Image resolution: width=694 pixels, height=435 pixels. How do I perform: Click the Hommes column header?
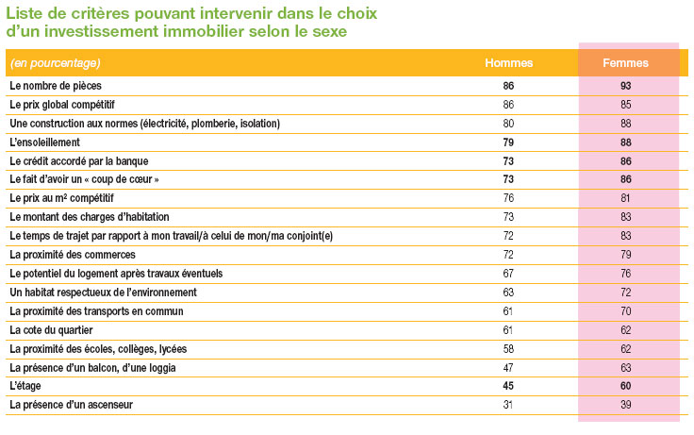(508, 63)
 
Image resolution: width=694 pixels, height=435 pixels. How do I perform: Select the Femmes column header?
(625, 63)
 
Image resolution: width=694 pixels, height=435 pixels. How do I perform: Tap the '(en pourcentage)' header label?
(56, 63)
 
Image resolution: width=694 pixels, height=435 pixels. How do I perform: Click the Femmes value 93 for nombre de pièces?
(625, 86)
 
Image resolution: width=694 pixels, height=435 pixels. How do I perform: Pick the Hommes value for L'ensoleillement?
(508, 142)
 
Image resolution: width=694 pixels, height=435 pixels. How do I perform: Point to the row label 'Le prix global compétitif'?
(62, 105)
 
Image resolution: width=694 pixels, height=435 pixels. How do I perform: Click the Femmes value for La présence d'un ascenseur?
(625, 405)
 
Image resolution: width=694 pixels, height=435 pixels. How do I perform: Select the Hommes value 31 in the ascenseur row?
(507, 405)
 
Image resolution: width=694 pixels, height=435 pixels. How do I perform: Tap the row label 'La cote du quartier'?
(51, 330)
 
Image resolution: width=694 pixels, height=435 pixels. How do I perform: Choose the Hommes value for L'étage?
(508, 386)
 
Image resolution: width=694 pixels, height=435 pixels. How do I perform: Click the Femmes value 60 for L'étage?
(625, 386)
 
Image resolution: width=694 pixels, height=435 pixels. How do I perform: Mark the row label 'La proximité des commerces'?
(73, 255)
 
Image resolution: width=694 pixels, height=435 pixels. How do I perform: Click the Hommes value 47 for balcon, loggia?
(508, 368)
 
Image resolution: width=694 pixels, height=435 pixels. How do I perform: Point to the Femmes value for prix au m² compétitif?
(625, 198)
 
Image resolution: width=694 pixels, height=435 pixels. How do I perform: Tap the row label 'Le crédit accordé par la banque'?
(79, 161)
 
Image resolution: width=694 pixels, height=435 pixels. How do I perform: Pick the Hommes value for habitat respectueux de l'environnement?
(508, 293)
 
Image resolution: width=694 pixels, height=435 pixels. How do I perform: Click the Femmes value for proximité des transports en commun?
(625, 311)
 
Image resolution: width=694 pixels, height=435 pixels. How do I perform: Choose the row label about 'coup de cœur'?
(84, 179)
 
